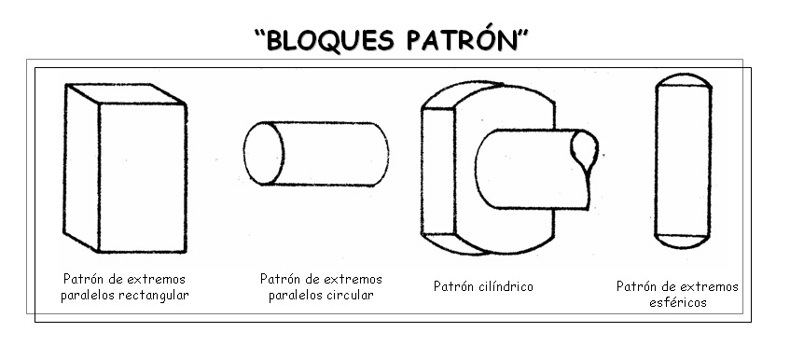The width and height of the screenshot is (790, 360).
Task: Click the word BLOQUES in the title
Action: pos(321,42)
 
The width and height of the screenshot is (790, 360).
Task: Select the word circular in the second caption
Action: pos(350,296)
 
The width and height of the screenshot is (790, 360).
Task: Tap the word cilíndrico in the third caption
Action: pos(505,285)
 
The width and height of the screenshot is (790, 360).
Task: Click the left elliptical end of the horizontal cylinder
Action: pos(262,155)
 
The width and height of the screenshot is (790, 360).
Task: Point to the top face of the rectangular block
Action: pos(124,92)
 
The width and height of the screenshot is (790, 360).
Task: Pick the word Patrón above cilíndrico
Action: pos(453,285)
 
